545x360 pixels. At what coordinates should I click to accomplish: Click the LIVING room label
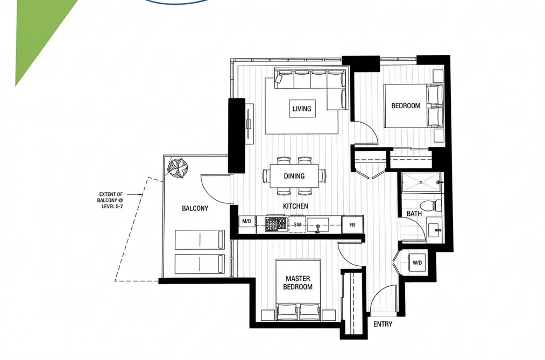(302, 109)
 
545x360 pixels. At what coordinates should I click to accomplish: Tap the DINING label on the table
(294, 176)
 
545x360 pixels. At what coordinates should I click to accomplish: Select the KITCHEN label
(295, 206)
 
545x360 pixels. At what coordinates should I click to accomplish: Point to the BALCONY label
(195, 208)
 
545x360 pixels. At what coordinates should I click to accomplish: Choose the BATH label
(414, 213)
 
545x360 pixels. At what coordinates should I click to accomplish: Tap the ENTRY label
(383, 324)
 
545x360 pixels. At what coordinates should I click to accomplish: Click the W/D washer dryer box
(417, 263)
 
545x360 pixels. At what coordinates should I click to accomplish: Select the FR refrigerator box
(352, 225)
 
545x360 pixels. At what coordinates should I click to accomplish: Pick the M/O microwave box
(246, 221)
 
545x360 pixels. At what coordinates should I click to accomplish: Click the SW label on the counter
(298, 225)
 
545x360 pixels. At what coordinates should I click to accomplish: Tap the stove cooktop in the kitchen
(277, 224)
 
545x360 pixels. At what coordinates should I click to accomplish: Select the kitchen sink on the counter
(317, 225)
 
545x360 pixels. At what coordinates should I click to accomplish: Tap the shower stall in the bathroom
(421, 182)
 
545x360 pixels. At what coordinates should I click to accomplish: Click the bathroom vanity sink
(435, 229)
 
